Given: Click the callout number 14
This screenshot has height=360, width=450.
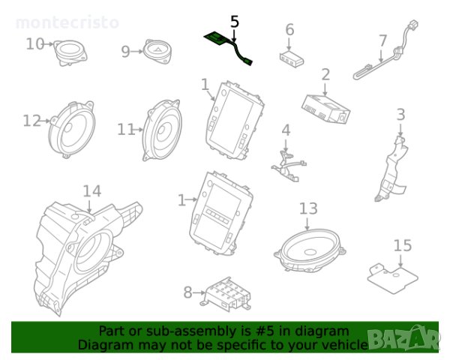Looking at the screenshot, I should click(x=91, y=192).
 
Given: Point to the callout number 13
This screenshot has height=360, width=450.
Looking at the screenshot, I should click(x=308, y=208).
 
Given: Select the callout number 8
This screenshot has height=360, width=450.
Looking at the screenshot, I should click(x=187, y=292).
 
